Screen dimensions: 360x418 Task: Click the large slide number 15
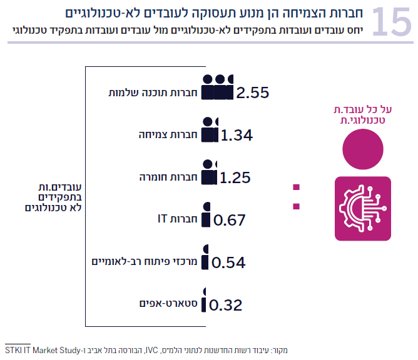[x=392, y=22]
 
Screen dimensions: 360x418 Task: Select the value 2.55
[x=252, y=92]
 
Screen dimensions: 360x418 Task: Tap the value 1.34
[x=237, y=135]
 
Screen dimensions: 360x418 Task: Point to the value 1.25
[x=235, y=177]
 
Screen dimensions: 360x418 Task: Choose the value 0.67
[x=230, y=220]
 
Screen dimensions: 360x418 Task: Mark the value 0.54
[x=228, y=262]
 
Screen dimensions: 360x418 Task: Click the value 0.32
[x=225, y=305]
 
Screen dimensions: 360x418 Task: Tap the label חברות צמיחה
[x=168, y=135]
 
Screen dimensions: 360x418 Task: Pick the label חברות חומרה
[x=169, y=177]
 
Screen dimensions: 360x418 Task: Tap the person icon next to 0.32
[x=204, y=300]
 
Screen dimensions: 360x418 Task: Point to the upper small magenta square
[x=296, y=186]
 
